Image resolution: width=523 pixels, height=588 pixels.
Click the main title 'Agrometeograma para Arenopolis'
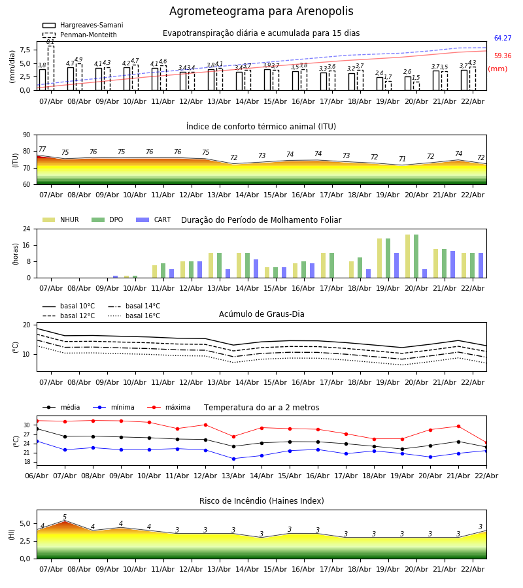coord(261,12)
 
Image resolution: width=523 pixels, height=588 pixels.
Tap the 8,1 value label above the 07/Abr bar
coord(50,42)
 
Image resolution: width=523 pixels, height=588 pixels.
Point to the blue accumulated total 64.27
coord(502,39)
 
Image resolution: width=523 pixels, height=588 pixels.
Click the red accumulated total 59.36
coord(502,56)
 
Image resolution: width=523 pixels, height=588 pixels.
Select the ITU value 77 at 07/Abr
coord(42,150)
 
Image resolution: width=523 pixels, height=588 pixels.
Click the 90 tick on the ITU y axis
coord(26,135)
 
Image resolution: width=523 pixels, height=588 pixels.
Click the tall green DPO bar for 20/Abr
coord(416,256)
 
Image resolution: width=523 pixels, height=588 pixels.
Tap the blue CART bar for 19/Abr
coord(396,265)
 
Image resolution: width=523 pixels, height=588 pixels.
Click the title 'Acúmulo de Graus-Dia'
coord(261,314)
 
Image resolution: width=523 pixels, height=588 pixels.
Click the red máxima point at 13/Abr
coord(233,436)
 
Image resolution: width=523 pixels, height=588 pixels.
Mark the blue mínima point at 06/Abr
coord(37,441)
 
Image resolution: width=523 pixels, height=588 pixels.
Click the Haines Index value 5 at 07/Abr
coord(65,517)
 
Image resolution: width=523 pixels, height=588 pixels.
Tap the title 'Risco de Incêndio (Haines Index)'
coord(261,501)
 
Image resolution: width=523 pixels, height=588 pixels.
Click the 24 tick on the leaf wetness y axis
coord(26,229)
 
